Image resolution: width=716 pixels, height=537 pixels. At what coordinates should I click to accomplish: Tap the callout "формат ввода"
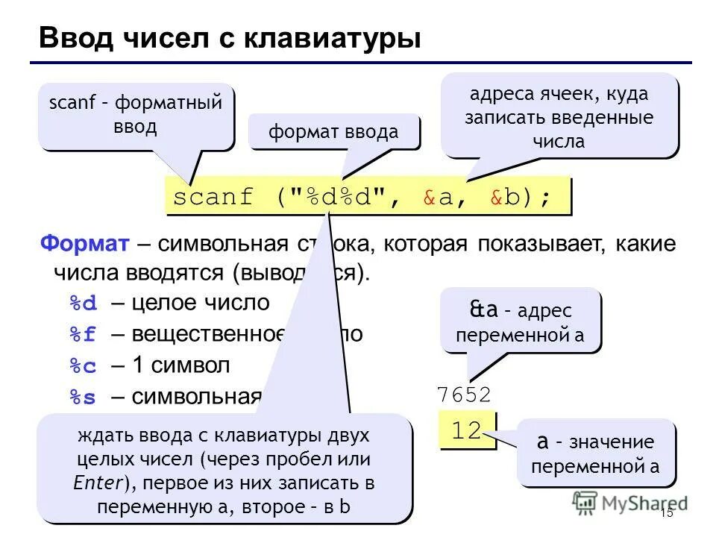(333, 133)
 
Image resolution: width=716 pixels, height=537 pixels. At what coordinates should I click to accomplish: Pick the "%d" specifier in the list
(84, 304)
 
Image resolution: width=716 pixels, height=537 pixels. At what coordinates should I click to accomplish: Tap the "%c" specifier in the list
(84, 366)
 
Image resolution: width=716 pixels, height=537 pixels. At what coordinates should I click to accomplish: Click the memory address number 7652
(464, 395)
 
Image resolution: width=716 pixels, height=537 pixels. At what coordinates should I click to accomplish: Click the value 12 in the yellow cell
(467, 430)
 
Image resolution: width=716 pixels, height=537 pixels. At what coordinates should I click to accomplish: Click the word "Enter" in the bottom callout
(98, 483)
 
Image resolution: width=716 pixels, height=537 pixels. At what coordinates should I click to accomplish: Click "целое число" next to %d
(201, 304)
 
